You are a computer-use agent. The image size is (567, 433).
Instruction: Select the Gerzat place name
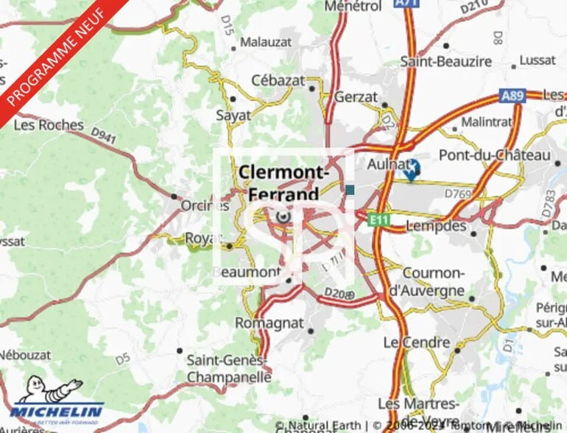pos(356,97)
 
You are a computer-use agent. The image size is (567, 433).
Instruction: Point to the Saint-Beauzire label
pos(446,61)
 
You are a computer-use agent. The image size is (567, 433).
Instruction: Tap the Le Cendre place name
pos(416,342)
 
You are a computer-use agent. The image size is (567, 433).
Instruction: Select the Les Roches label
pos(49,124)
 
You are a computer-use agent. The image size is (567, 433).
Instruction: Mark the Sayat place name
pos(233,116)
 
